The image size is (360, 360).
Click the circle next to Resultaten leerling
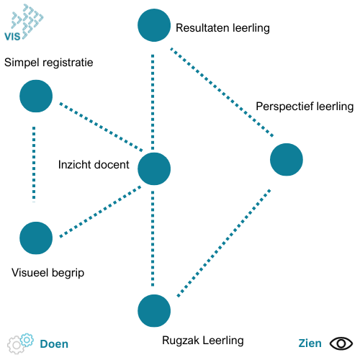pos(154,25)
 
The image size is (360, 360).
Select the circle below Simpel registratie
pos(36,96)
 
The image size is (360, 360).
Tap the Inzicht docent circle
pos(154,168)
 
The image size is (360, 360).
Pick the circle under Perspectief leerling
pos(287,160)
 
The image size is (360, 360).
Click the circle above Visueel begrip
pos(36,238)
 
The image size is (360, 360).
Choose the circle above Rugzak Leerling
pos(154,311)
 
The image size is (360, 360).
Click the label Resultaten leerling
pos(222,28)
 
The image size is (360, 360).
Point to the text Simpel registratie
pos(49,63)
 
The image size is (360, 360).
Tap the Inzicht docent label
pos(94,165)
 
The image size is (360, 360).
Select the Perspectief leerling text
pos(305,107)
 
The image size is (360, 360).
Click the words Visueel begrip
pos(48,273)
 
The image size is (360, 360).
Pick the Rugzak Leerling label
pos(203,341)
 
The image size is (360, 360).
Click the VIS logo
pos(24,22)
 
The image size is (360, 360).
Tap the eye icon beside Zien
pos(341,343)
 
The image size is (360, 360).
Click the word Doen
pos(54,344)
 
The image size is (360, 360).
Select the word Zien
pos(310,343)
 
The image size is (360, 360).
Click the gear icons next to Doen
pos(20,343)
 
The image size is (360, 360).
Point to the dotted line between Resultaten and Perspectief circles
pos(222,93)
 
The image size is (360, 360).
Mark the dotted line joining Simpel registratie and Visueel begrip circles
pos(34,164)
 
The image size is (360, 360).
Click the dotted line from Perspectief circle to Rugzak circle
pos(224,243)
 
